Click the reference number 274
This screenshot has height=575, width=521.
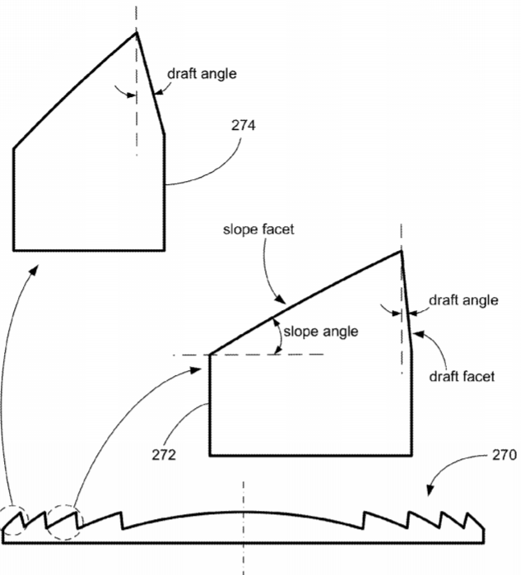244,126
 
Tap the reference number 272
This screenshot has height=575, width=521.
164,455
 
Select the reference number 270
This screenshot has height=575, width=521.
504,455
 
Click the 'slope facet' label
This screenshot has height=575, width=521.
258,230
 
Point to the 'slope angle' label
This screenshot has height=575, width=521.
321,332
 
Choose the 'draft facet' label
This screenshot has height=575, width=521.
462,376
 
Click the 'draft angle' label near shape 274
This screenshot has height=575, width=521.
202,74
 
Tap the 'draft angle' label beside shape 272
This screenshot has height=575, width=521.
463,300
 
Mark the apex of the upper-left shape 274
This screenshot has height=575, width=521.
137,32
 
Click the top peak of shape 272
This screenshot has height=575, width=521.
401,251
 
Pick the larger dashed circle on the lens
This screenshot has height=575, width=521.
64,522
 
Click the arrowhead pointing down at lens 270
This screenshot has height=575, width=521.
430,490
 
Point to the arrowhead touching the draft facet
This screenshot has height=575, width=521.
418,334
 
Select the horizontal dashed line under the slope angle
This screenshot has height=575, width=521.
249,355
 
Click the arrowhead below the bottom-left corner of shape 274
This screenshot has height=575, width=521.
34,270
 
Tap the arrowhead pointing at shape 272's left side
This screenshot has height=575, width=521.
196,370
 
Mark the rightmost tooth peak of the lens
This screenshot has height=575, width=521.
468,513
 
